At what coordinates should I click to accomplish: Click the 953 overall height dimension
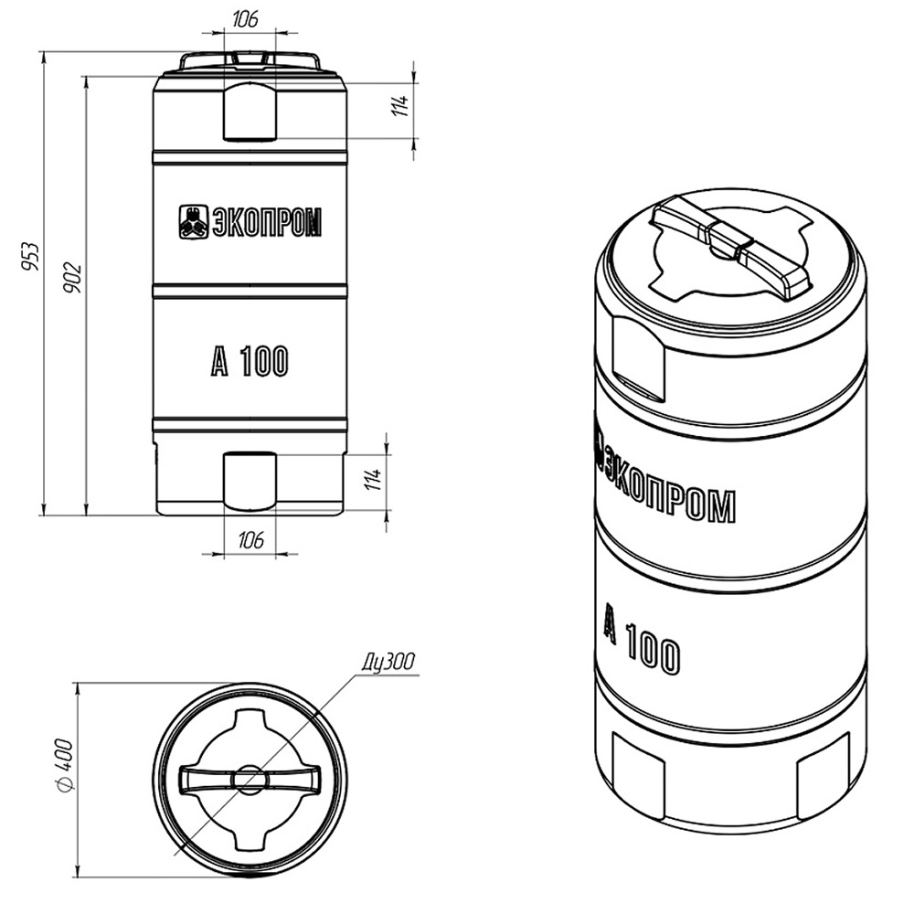coord(30,256)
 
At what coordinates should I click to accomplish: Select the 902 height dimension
coord(72,278)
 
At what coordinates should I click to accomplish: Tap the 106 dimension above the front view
coord(245,19)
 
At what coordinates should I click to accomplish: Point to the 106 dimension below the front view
coord(250,540)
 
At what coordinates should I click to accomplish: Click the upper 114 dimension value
coord(400,105)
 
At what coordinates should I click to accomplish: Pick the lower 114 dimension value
coord(373,479)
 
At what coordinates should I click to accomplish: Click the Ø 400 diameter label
coord(65,766)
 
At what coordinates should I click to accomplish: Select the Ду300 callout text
coord(388,663)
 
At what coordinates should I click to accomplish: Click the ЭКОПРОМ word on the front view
coord(266,223)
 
